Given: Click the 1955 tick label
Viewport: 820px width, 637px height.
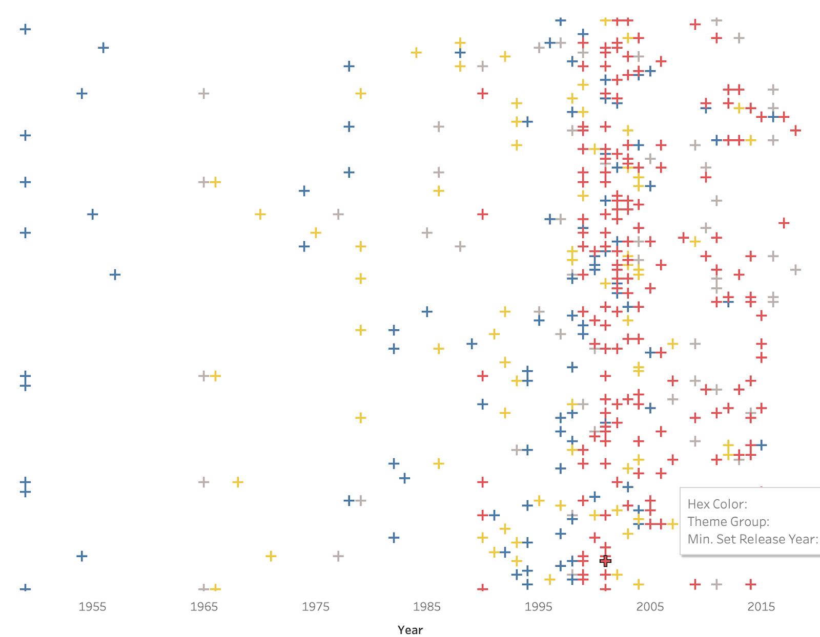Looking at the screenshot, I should click(x=92, y=606).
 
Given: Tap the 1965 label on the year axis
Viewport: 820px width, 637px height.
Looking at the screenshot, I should click(x=204, y=606).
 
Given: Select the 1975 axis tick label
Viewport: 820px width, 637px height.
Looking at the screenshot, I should click(x=315, y=606).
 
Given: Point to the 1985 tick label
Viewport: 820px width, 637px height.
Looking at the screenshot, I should click(x=427, y=606).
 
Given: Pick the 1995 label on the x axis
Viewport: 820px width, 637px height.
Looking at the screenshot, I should click(x=538, y=606).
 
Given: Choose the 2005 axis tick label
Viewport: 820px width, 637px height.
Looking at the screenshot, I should click(x=650, y=606).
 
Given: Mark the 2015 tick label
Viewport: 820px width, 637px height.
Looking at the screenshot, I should click(x=761, y=606).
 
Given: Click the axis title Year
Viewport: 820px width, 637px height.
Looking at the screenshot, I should click(x=410, y=630).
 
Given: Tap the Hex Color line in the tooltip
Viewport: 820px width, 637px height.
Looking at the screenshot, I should click(x=717, y=504).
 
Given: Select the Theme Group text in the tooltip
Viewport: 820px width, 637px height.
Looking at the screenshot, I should click(x=728, y=521).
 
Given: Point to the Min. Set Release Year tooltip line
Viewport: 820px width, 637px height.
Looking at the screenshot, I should click(x=752, y=539).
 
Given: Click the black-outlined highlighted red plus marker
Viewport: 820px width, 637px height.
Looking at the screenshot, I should click(x=605, y=561).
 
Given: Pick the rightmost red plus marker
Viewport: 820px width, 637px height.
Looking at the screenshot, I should click(x=795, y=131).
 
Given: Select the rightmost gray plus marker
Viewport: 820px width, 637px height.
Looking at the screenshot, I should click(x=795, y=270).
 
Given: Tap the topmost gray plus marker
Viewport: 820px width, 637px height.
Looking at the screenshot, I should click(x=717, y=21).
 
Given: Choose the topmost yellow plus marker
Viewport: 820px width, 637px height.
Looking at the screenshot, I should click(x=605, y=21).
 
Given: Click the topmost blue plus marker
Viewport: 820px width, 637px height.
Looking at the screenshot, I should click(x=561, y=21).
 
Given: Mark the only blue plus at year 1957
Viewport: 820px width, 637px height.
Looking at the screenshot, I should click(x=115, y=274).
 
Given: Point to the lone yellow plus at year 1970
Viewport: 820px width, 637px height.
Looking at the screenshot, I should click(x=260, y=214).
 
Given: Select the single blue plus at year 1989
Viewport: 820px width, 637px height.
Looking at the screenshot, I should click(x=471, y=344).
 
